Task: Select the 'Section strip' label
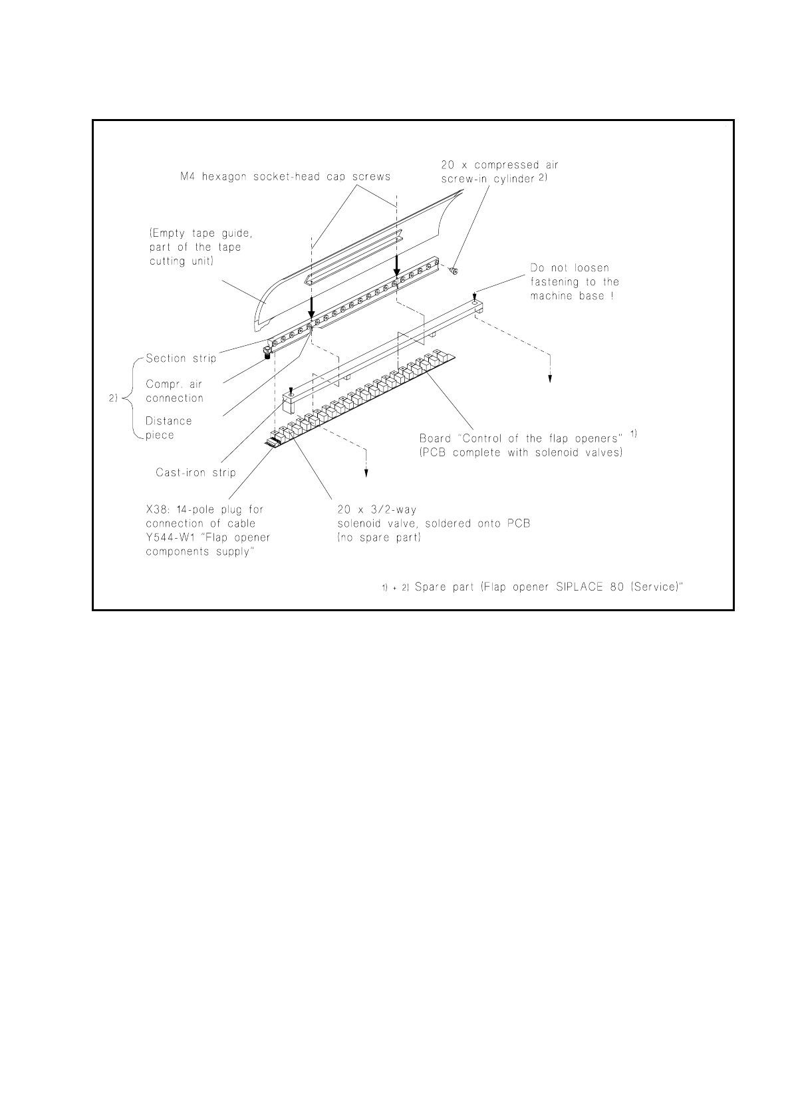pyautogui.click(x=181, y=358)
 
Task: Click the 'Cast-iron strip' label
pyautogui.click(x=196, y=473)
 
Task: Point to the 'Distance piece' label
pyautogui.click(x=168, y=428)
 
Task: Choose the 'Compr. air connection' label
pyautogui.click(x=174, y=391)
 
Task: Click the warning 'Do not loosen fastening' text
pyautogui.click(x=574, y=282)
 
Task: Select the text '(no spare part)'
pyautogui.click(x=379, y=537)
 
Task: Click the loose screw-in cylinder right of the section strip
pyautogui.click(x=454, y=271)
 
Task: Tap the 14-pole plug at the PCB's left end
pyautogui.click(x=273, y=442)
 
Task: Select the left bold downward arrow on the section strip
pyautogui.click(x=311, y=309)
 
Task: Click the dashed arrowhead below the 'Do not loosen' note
pyautogui.click(x=550, y=378)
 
